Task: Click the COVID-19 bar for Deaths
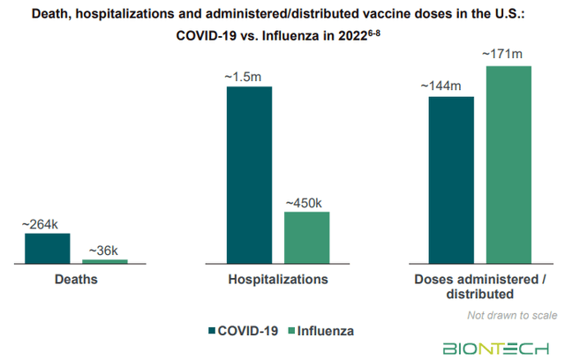click(x=47, y=248)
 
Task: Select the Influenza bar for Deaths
click(x=105, y=261)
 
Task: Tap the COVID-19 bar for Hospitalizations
click(x=249, y=175)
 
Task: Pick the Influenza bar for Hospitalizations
click(x=306, y=237)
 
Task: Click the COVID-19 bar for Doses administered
click(x=451, y=180)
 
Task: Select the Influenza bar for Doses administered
click(x=508, y=164)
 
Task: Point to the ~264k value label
click(x=46, y=225)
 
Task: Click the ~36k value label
click(x=104, y=251)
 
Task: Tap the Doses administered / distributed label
click(x=479, y=286)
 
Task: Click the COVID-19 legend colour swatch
click(x=211, y=331)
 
